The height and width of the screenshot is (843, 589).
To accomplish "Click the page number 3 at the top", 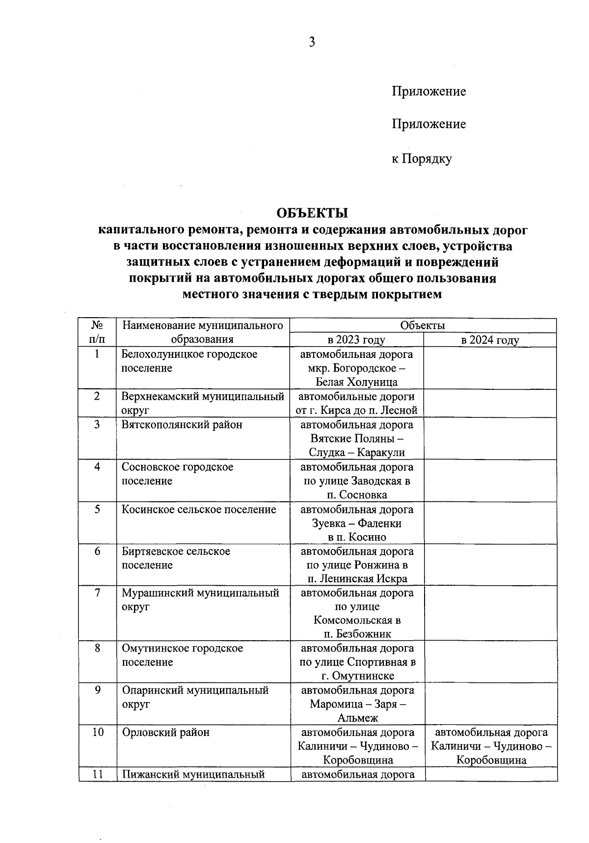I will tap(312, 42).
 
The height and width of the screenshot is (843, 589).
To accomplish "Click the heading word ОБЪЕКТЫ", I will tap(312, 213).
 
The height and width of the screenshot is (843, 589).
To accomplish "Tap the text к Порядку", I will tap(422, 159).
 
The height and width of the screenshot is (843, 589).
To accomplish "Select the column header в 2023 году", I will tap(356, 340).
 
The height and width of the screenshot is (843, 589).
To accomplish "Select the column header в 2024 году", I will tap(490, 340).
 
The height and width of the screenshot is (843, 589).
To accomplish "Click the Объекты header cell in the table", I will tap(423, 326).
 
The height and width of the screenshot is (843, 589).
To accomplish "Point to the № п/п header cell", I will tap(97, 332).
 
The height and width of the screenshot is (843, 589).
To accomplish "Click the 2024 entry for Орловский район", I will tap(491, 746).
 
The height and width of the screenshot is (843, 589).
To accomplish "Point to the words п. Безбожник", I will tap(357, 634).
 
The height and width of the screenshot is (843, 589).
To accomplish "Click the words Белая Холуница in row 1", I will tap(357, 382).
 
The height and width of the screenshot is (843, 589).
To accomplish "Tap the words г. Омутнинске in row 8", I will tap(357, 676).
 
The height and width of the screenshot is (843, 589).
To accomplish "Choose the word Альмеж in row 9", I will tap(357, 718).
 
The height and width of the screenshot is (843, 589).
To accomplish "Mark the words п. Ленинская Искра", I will tap(357, 578).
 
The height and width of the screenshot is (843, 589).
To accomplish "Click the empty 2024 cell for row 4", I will tap(490, 480).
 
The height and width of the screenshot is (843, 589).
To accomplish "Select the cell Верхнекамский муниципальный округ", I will tap(203, 403).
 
